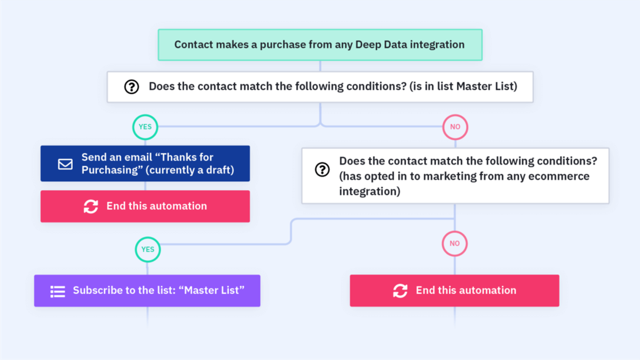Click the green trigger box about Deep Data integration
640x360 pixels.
pyautogui.click(x=320, y=45)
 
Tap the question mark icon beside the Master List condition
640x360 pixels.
pyautogui.click(x=132, y=87)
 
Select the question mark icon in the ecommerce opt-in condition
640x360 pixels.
pyautogui.click(x=322, y=169)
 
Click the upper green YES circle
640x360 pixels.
pyautogui.click(x=145, y=127)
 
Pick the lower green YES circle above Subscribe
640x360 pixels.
pyautogui.click(x=148, y=249)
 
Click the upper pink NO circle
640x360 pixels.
pyautogui.click(x=455, y=127)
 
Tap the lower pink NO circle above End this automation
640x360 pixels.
pyautogui.click(x=455, y=244)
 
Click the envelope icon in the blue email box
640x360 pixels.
pyautogui.click(x=65, y=164)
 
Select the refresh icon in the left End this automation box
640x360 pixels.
pyautogui.click(x=91, y=206)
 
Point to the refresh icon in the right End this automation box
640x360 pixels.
pyautogui.click(x=400, y=291)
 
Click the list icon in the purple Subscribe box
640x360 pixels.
pyautogui.click(x=58, y=291)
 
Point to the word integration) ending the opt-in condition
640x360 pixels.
pyautogui.click(x=370, y=191)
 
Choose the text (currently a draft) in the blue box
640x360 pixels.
pyautogui.click(x=190, y=170)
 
